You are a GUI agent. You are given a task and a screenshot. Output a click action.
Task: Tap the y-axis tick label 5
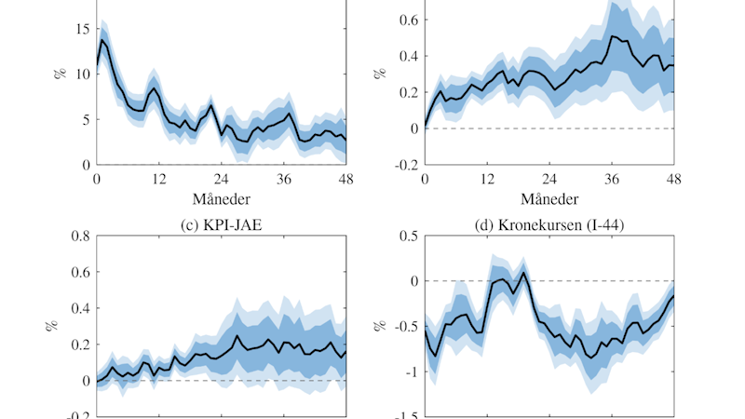84,119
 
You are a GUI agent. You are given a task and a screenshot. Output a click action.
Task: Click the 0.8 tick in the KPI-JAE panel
78,237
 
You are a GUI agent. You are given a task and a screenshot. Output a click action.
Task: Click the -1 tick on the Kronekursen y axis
411,372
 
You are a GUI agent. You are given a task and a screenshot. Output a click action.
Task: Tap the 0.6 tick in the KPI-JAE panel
78,273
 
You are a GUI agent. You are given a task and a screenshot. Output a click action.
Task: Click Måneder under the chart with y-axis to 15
221,199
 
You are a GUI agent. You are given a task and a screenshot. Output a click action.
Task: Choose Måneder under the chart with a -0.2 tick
549,199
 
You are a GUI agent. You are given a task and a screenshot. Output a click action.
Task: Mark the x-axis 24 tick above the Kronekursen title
549,179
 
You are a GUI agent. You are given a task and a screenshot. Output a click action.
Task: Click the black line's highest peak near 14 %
102,39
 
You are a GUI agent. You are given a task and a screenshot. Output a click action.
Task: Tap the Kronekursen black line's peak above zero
523,272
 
